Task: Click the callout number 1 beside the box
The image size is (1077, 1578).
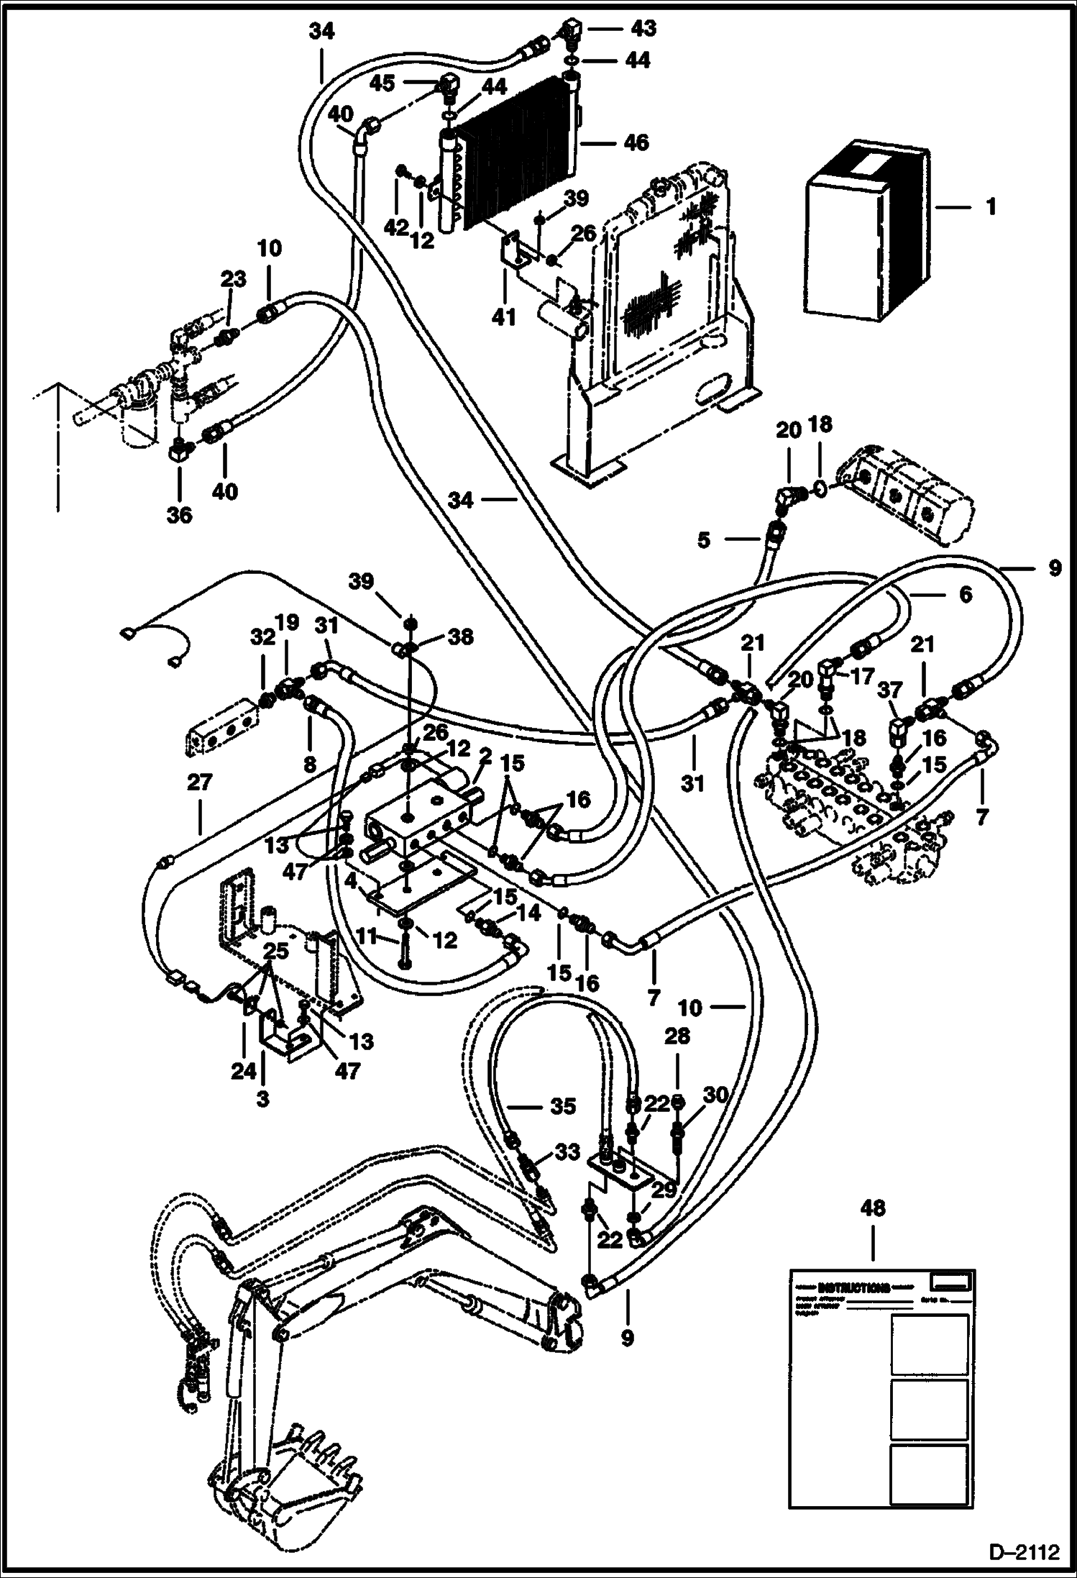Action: pyautogui.click(x=991, y=208)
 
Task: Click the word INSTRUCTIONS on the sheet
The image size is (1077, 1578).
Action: pyautogui.click(x=854, y=1287)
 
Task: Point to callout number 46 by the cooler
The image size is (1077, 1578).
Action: pyautogui.click(x=636, y=142)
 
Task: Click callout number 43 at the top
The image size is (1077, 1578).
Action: pyautogui.click(x=643, y=28)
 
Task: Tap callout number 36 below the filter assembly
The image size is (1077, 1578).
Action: pyautogui.click(x=180, y=515)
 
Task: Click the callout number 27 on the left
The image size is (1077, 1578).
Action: pyautogui.click(x=199, y=782)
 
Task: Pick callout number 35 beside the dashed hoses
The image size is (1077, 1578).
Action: pyautogui.click(x=562, y=1106)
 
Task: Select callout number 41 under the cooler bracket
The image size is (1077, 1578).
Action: pyautogui.click(x=504, y=317)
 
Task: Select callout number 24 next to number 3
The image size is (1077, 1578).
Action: pyautogui.click(x=243, y=1072)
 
